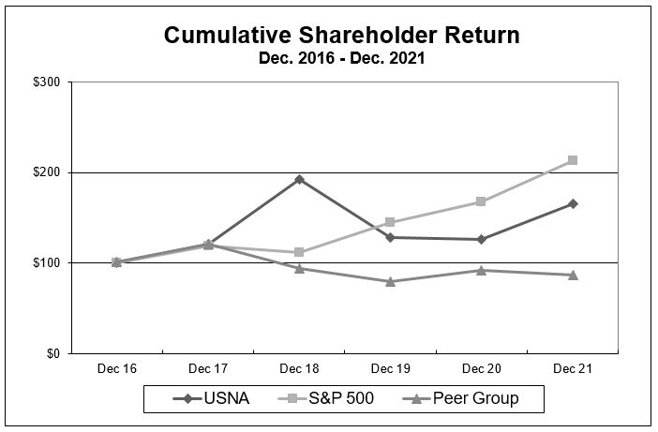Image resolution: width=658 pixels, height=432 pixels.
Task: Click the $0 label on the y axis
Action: pyautogui.click(x=53, y=353)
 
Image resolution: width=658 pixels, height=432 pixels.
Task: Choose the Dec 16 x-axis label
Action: pyautogui.click(x=116, y=368)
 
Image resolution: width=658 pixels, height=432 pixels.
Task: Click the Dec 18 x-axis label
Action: pyautogui.click(x=299, y=368)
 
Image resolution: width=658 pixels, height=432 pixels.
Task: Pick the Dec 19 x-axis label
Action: pyautogui.click(x=390, y=368)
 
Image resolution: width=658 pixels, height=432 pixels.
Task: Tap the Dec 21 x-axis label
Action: pyautogui.click(x=573, y=368)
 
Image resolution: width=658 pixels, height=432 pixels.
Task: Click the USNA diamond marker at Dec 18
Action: pyautogui.click(x=299, y=179)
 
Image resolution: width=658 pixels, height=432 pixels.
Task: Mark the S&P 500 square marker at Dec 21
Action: pyautogui.click(x=573, y=160)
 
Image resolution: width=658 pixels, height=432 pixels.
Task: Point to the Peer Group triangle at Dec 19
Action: pyautogui.click(x=390, y=281)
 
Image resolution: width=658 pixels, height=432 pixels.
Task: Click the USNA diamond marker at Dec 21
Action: pyautogui.click(x=573, y=203)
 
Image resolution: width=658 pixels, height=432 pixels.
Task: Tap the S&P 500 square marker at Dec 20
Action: pyautogui.click(x=481, y=201)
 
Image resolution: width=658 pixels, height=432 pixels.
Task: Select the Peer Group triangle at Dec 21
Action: pyautogui.click(x=573, y=275)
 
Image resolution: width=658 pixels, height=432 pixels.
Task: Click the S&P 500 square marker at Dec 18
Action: pyautogui.click(x=299, y=252)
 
